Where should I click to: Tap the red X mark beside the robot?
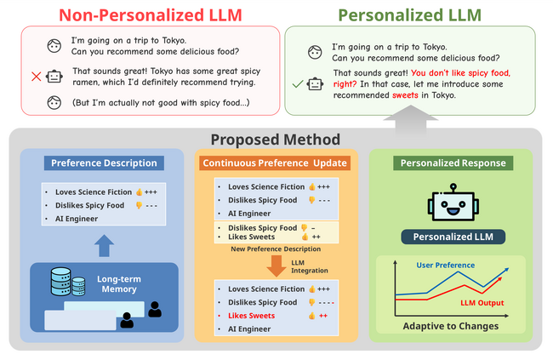pos(37,77)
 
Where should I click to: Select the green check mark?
pos(295,83)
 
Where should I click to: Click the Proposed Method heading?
pos(276,140)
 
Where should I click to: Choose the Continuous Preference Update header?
pos(276,163)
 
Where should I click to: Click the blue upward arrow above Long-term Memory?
pos(104,246)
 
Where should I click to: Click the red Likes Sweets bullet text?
pos(251,315)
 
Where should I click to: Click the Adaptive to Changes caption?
pos(450,326)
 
